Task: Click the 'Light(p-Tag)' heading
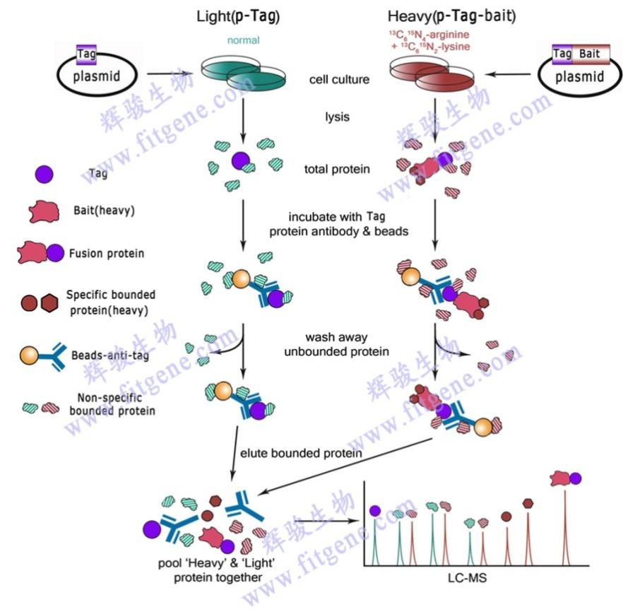238,16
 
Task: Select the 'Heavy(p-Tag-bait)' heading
452,16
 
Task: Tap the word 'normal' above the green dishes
243,40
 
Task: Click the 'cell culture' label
339,79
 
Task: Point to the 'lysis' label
338,117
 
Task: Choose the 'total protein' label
337,170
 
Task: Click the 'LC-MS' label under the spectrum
468,578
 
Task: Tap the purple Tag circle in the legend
44,174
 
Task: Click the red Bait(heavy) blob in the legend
44,211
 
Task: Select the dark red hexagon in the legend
49,303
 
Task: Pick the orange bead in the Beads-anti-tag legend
29,355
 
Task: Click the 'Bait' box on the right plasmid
591,54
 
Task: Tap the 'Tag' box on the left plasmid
86,54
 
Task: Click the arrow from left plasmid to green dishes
170,73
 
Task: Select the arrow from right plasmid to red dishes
507,74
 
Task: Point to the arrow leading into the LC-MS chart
326,521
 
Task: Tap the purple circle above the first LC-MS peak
375,511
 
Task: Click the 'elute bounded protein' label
301,454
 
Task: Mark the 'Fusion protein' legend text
107,254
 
